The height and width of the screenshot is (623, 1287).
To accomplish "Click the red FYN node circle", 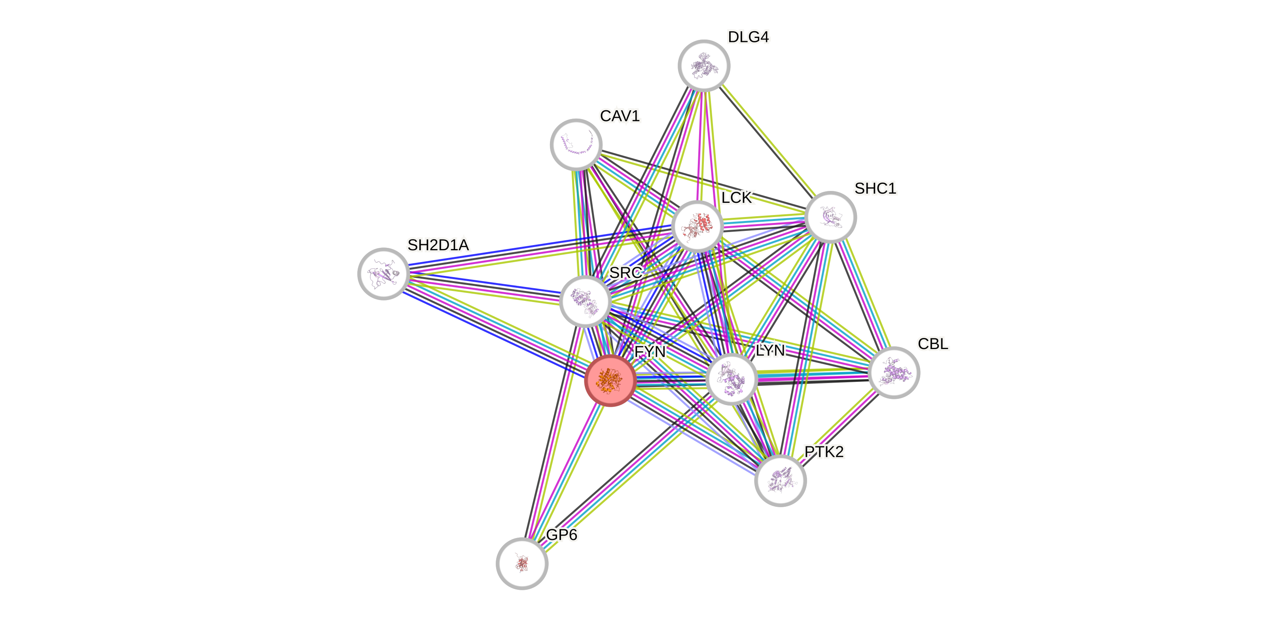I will tap(610, 380).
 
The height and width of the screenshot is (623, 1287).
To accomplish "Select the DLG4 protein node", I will tap(704, 65).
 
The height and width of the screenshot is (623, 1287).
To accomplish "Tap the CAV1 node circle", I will tap(576, 144).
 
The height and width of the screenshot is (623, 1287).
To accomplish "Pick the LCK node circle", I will tap(698, 226).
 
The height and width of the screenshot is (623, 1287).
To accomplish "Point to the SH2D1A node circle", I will tap(384, 274).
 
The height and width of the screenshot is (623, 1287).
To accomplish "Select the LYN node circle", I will tap(732, 379).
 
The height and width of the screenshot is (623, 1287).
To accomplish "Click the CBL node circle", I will tap(894, 372).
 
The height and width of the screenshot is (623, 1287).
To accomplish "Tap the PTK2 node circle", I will tap(780, 480).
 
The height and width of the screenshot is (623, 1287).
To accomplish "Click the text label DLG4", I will tap(749, 37).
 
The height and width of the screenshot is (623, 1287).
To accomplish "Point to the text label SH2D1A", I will tap(438, 245).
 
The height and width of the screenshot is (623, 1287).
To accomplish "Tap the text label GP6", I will tap(561, 534).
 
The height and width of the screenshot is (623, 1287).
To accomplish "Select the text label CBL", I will tap(933, 344).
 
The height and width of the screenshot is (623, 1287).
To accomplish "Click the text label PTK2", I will tap(824, 452).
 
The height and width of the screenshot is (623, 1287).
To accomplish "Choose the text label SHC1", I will tap(875, 188).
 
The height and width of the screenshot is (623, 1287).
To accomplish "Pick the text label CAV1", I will tap(620, 116).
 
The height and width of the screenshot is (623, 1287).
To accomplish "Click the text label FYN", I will tap(650, 352).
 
